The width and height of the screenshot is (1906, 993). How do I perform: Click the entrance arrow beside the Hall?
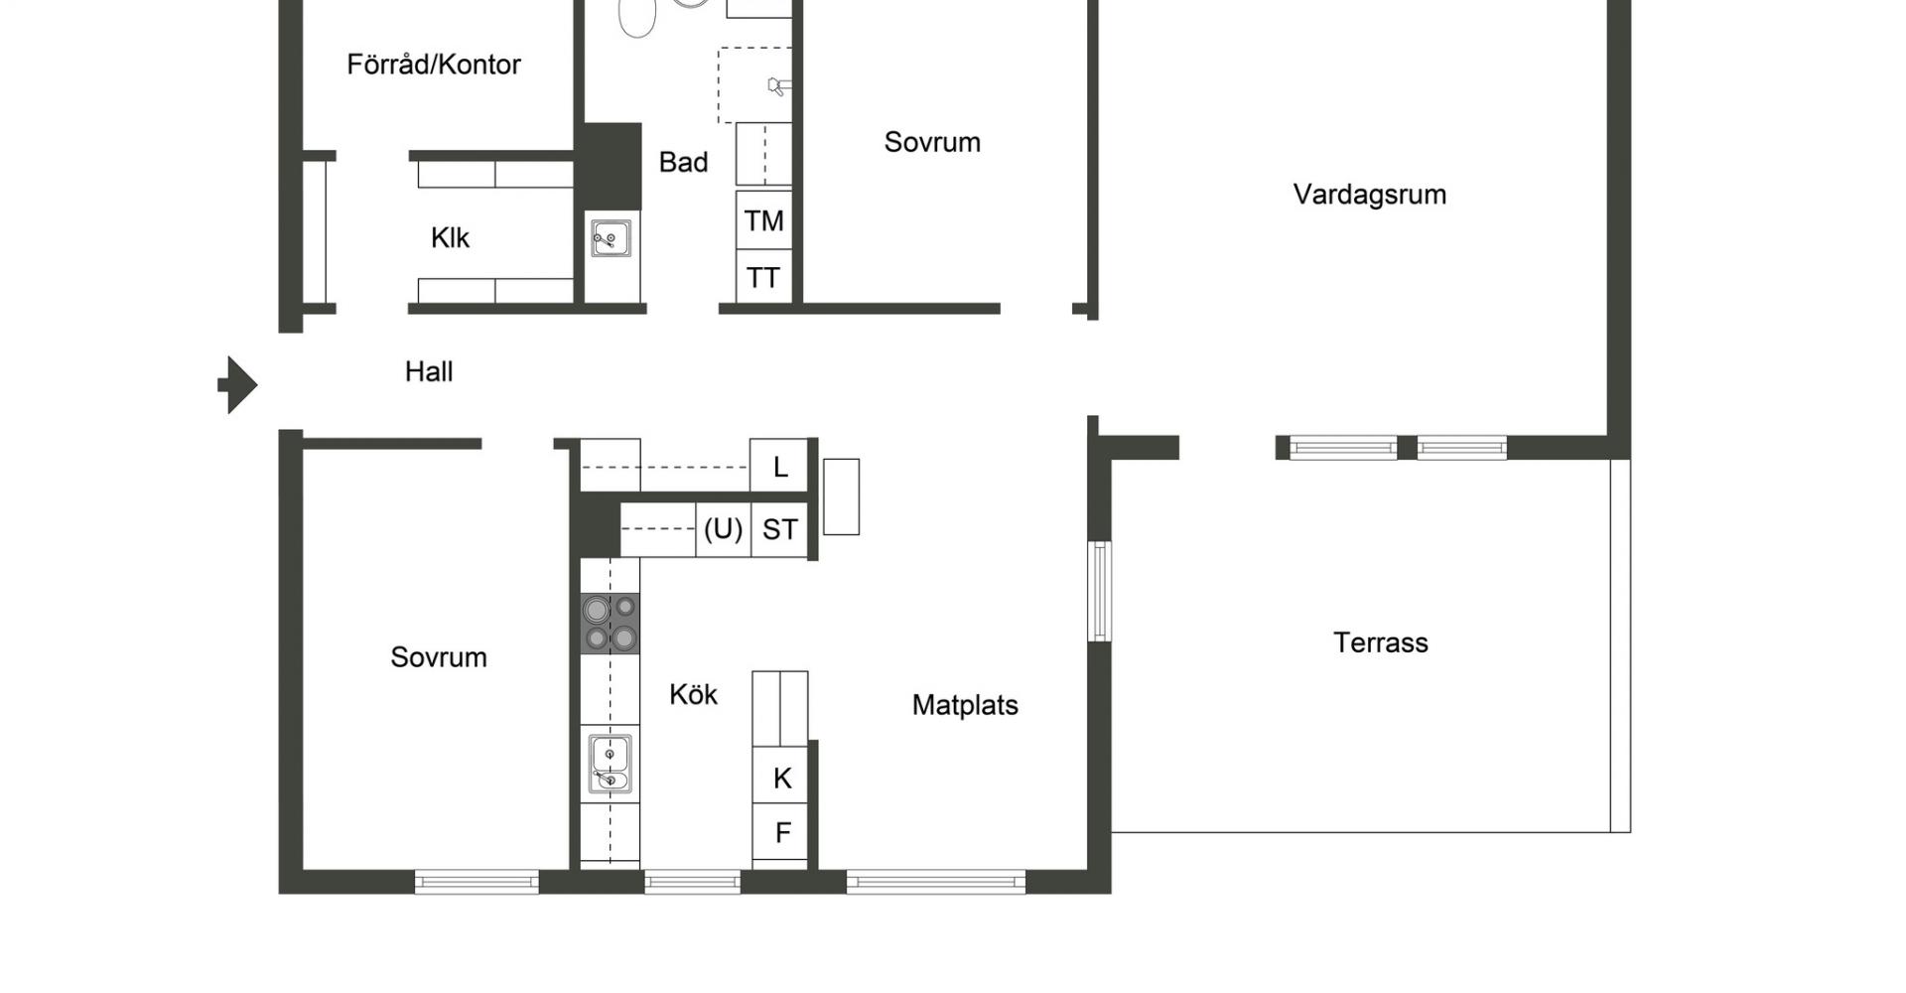[x=238, y=384]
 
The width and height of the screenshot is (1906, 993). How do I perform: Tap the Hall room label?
[x=429, y=371]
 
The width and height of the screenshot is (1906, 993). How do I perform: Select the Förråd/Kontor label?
[x=434, y=65]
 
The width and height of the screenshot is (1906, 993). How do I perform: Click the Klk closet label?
[x=450, y=237]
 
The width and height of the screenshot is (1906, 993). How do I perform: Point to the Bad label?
[x=683, y=162]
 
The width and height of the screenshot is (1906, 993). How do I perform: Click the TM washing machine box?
[x=763, y=220]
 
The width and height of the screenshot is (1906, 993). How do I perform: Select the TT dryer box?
[x=763, y=276]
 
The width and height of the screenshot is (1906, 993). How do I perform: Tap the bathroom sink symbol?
[x=611, y=238]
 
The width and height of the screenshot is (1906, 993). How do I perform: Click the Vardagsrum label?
[x=1369, y=195]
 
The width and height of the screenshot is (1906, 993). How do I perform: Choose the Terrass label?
[x=1380, y=642]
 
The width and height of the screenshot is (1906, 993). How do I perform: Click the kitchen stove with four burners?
[x=611, y=623]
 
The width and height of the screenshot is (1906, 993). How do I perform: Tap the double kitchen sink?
[x=610, y=764]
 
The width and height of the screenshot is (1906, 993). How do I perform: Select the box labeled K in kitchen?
[x=780, y=777]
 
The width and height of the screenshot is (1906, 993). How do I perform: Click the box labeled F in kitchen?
[x=780, y=832]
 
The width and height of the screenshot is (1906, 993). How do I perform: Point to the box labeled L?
[x=779, y=466]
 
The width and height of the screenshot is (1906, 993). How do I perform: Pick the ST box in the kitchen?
[x=779, y=529]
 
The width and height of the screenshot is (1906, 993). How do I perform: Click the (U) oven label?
[x=723, y=529]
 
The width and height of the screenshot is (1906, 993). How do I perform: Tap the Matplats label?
[x=965, y=705]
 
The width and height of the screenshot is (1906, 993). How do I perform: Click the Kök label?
[x=693, y=694]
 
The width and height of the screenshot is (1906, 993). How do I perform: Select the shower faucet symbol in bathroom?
[x=777, y=86]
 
